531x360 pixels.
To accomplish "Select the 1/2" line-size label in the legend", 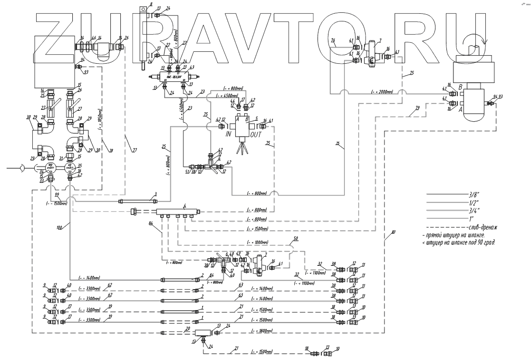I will tap(474, 204).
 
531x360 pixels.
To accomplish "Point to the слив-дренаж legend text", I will tap(481, 228).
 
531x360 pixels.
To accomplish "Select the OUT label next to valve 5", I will tap(252, 135).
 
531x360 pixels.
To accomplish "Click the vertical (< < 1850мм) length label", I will tap(100, 125).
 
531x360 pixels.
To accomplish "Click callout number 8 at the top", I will tap(151, 4).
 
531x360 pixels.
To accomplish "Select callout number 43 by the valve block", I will tap(192, 68).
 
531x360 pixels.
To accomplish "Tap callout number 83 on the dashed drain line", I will tap(393, 232).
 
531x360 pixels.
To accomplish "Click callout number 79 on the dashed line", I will tap(417, 109).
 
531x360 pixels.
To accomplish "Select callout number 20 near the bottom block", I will tap(188, 329).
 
